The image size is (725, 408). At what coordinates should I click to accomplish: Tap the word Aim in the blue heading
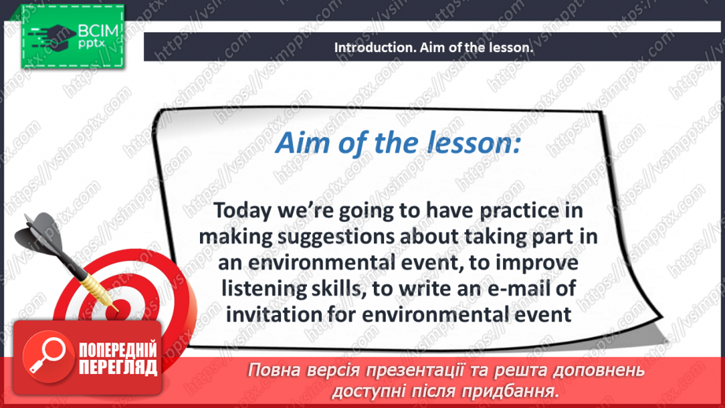[295, 145]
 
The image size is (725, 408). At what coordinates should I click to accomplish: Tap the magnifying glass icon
[45, 358]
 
